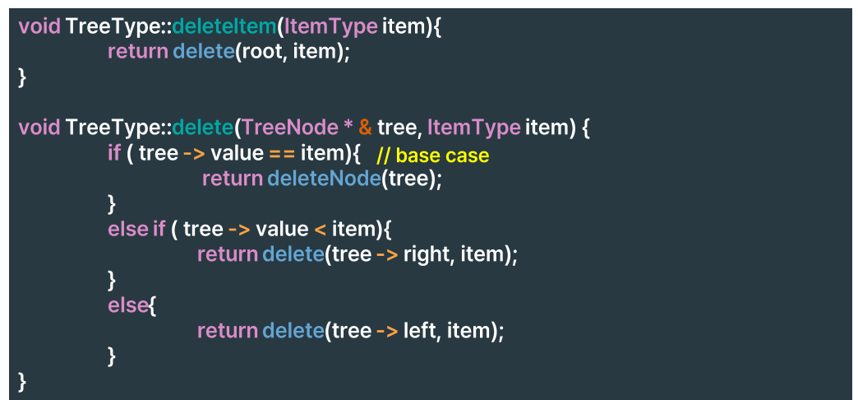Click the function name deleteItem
[x=224, y=26]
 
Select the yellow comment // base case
[x=432, y=155]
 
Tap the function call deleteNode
[x=324, y=179]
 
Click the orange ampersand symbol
[x=365, y=128]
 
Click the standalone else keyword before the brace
[x=127, y=305]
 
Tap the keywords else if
[x=136, y=229]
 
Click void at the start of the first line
[x=39, y=26]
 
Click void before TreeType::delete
[x=39, y=128]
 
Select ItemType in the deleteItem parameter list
[x=331, y=26]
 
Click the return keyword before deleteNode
[x=232, y=179]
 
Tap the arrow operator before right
[x=387, y=255]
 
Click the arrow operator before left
[x=387, y=332]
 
